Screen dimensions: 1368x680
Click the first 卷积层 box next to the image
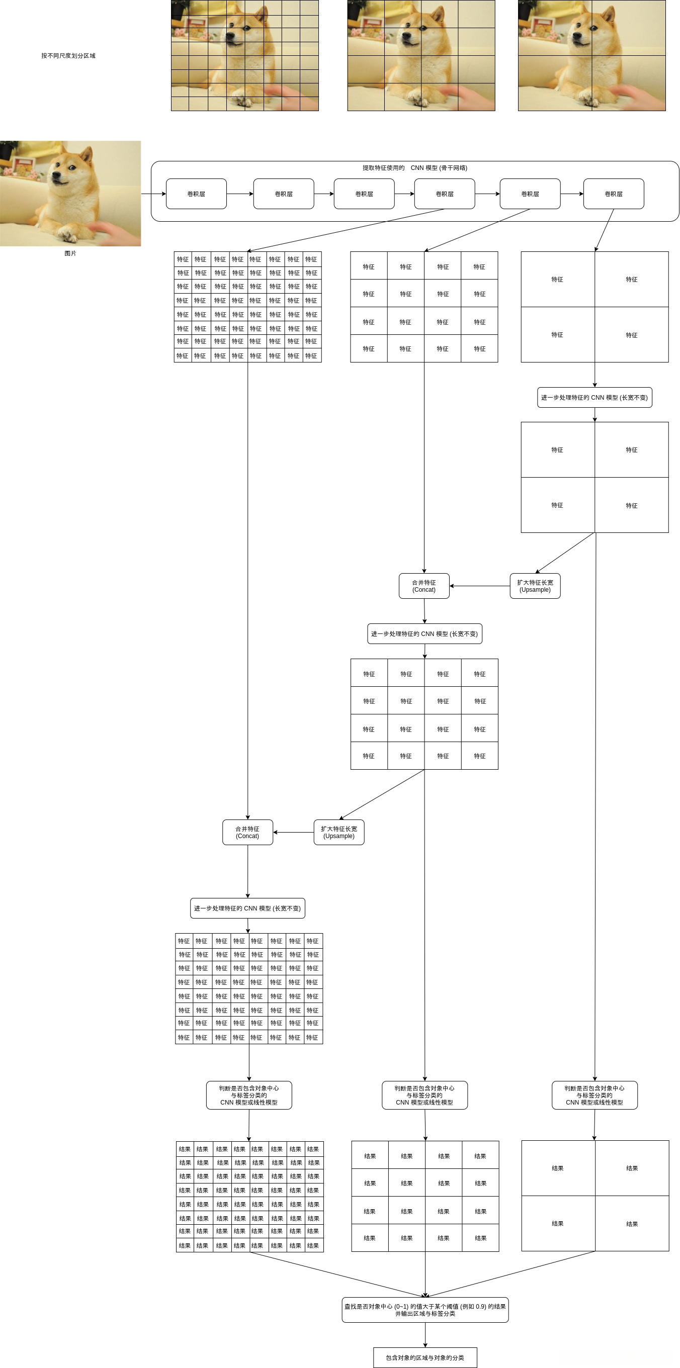[x=196, y=194]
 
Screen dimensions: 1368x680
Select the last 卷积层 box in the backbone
[x=613, y=194]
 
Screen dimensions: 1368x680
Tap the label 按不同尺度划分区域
[x=68, y=56]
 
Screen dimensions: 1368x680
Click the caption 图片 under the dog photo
[x=70, y=253]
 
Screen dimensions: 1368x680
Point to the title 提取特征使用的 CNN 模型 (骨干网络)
[x=414, y=168]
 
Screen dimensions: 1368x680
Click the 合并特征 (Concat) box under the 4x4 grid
[x=424, y=586]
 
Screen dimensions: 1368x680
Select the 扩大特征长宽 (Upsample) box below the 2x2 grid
[x=535, y=586]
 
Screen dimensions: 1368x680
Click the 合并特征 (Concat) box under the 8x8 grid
[x=247, y=832]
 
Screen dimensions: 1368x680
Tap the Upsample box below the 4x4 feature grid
[x=338, y=832]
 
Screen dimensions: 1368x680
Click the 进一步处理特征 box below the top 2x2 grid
[x=594, y=397]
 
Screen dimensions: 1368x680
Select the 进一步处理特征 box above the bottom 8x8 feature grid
[x=247, y=908]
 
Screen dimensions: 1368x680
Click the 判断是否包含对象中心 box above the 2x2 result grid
[x=594, y=1095]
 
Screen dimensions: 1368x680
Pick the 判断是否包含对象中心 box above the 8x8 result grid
[x=248, y=1095]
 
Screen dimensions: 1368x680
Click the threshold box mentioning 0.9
[x=425, y=1310]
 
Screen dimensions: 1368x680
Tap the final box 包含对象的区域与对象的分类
[x=425, y=1357]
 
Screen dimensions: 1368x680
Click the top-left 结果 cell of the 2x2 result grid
[x=558, y=1168]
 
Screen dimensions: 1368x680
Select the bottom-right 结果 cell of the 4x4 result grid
[x=480, y=1238]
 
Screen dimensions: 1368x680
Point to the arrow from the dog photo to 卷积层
[x=153, y=194]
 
